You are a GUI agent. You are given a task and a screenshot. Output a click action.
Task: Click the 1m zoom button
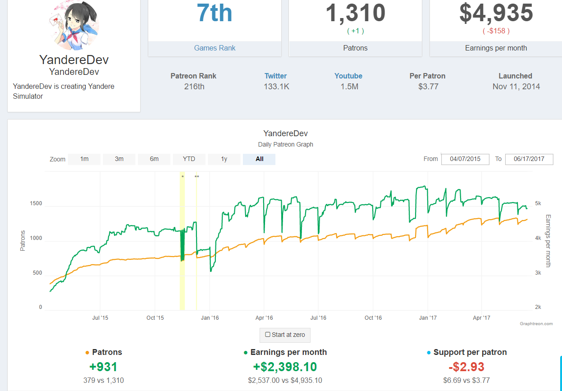pyautogui.click(x=84, y=159)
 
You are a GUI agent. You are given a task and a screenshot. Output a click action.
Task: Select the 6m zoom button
pyautogui.click(x=154, y=159)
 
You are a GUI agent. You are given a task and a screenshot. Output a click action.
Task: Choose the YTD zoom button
pyautogui.click(x=189, y=159)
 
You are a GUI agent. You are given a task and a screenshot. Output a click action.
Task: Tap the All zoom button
pyautogui.click(x=259, y=159)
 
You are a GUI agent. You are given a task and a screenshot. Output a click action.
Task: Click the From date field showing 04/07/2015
pyautogui.click(x=465, y=159)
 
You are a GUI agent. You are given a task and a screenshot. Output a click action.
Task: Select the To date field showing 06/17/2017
pyautogui.click(x=529, y=159)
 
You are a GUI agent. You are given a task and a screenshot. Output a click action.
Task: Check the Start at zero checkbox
pyautogui.click(x=268, y=335)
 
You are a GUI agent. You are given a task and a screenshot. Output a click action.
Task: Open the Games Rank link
pyautogui.click(x=215, y=48)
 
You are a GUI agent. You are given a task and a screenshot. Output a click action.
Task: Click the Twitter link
pyautogui.click(x=275, y=76)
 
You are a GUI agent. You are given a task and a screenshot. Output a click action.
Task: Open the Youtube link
pyautogui.click(x=348, y=76)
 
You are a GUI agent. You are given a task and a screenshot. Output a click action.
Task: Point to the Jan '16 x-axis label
pyautogui.click(x=210, y=318)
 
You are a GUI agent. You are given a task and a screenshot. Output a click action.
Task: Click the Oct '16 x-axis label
pyautogui.click(x=373, y=318)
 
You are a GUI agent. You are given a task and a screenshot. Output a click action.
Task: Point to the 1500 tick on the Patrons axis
pyautogui.click(x=36, y=203)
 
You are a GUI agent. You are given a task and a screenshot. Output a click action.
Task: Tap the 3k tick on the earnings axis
pyautogui.click(x=538, y=273)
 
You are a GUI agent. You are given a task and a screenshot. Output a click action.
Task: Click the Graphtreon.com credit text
pyautogui.click(x=536, y=324)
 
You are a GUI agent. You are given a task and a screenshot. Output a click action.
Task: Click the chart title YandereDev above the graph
pyautogui.click(x=286, y=133)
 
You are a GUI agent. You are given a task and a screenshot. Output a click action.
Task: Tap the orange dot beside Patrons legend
pyautogui.click(x=87, y=353)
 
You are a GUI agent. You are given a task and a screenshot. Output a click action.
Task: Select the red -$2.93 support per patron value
pyautogui.click(x=466, y=367)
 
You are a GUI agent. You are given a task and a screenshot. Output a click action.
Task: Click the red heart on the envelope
pyautogui.click(x=56, y=19)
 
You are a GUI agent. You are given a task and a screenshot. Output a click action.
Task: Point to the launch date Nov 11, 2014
pyautogui.click(x=516, y=87)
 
